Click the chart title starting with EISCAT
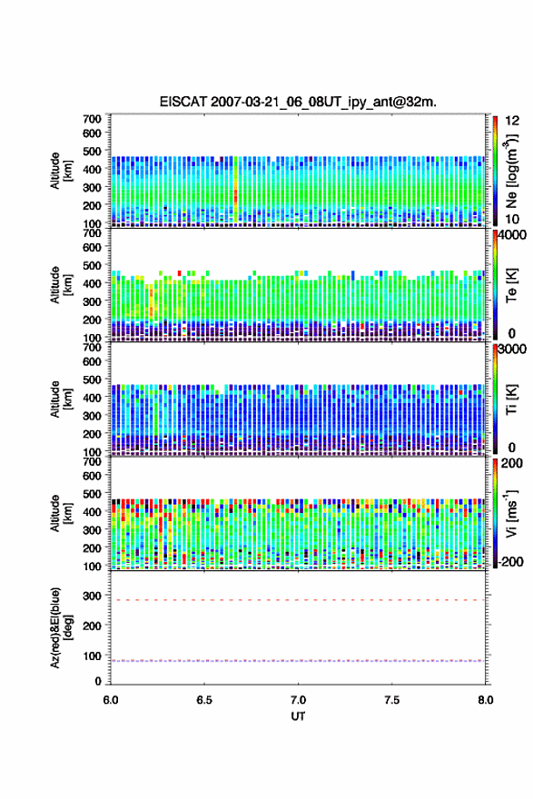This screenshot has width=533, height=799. [x=298, y=102]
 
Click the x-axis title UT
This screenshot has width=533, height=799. [x=298, y=716]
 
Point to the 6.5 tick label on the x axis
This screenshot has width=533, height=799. [x=204, y=700]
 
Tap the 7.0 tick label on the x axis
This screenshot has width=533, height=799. [x=298, y=700]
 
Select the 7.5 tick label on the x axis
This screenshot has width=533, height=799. [x=392, y=700]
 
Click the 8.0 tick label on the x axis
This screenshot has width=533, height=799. [x=486, y=700]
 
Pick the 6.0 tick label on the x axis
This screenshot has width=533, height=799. [x=111, y=700]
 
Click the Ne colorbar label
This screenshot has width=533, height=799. [x=511, y=172]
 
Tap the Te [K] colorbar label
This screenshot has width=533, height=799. [x=511, y=285]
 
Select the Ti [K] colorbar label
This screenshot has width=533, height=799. [x=511, y=399]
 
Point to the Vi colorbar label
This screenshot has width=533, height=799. [x=511, y=514]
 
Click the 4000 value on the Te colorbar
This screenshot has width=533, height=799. [x=513, y=235]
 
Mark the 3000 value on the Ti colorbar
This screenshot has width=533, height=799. [x=513, y=350]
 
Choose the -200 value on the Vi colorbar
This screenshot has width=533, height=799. [x=511, y=561]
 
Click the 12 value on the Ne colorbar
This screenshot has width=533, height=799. [x=513, y=121]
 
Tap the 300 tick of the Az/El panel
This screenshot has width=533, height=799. [x=93, y=596]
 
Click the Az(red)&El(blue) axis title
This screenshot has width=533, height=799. [x=61, y=627]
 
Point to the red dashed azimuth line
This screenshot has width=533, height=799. [x=298, y=600]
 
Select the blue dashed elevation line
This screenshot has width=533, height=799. [x=298, y=661]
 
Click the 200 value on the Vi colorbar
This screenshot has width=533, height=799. [x=512, y=464]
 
